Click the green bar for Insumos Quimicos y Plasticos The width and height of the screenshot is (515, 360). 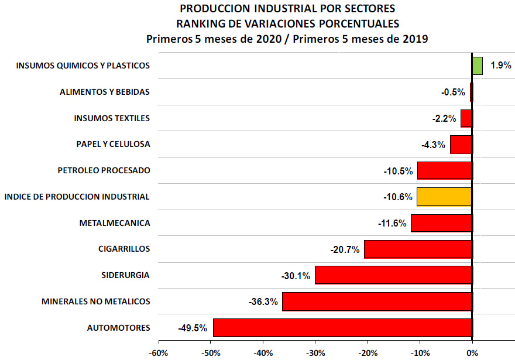[x=478, y=66]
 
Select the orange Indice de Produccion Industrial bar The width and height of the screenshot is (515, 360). [x=444, y=197]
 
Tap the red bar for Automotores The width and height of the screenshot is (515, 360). [x=342, y=328]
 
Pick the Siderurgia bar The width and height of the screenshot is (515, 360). [x=393, y=275]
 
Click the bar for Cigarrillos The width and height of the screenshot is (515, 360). [x=418, y=249]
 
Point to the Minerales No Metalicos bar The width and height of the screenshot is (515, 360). [x=377, y=301]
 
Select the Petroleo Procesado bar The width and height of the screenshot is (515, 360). [x=444, y=170]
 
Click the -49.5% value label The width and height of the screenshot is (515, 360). [x=193, y=328]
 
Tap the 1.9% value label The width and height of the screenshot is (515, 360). [x=501, y=66]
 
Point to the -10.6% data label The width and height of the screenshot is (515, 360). [x=398, y=197]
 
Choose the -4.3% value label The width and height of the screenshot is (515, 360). [x=434, y=144]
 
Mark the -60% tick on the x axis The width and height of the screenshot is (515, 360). [x=159, y=353]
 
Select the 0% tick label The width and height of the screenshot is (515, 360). [x=472, y=353]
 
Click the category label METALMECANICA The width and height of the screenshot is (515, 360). [x=114, y=223]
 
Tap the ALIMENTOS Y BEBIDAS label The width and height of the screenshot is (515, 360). [x=105, y=92]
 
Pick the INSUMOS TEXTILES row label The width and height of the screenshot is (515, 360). [x=112, y=118]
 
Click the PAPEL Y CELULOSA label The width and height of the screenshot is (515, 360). [x=113, y=144]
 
